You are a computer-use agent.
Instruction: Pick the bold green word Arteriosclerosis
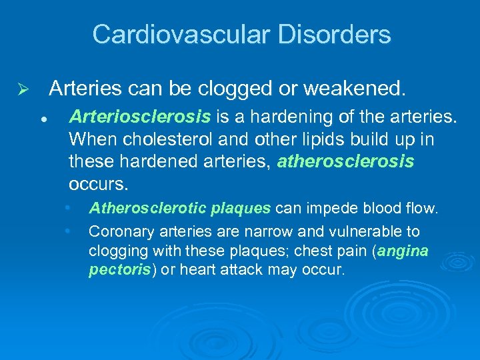[139, 117]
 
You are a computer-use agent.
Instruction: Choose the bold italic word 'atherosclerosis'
[345, 161]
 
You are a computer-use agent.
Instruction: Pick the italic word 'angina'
[403, 251]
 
